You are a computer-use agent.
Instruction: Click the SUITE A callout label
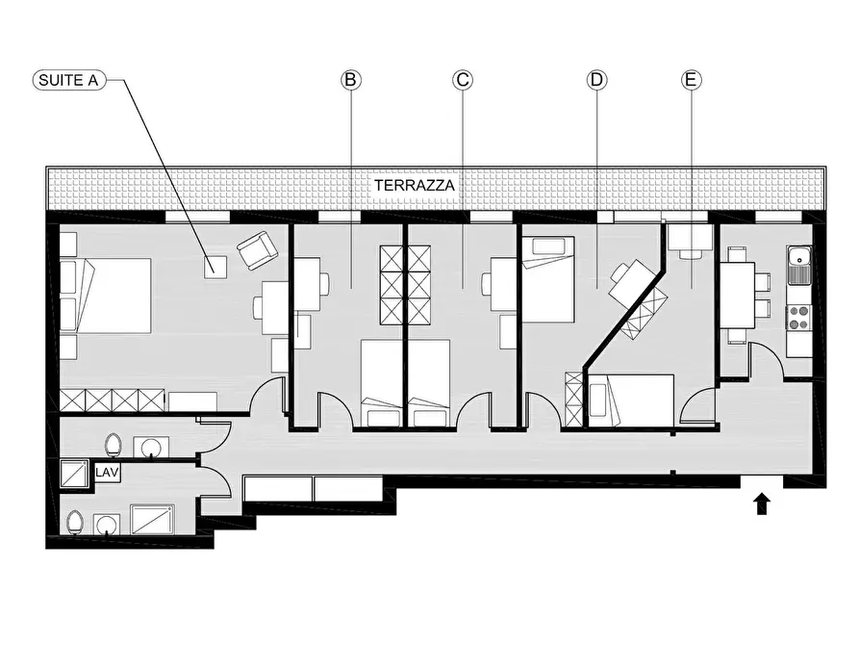[68, 80]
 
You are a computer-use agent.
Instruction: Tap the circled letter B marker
[350, 80]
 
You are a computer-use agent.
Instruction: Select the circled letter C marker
[463, 80]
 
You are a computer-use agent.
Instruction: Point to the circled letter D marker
[596, 80]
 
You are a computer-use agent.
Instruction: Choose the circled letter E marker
[691, 80]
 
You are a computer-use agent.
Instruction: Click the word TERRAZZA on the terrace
[415, 186]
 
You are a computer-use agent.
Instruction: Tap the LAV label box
[107, 473]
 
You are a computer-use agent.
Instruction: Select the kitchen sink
[799, 265]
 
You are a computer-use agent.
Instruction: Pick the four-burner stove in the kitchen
[799, 318]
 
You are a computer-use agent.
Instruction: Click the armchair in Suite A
[257, 250]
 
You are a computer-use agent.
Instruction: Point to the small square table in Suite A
[215, 267]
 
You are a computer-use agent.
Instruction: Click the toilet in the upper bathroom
[114, 444]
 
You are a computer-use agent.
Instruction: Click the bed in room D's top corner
[548, 279]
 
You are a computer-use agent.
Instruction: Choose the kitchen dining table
[738, 296]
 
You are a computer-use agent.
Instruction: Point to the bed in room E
[631, 400]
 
